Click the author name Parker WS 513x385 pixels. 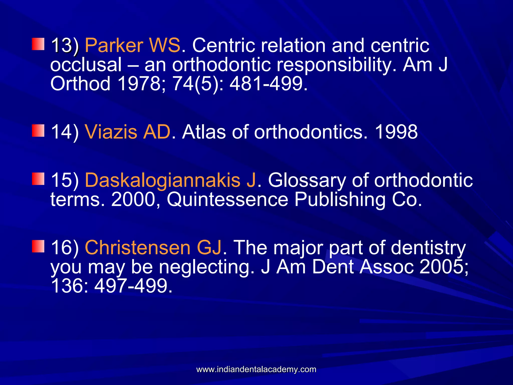coord(133,45)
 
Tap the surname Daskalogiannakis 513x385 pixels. coord(163,180)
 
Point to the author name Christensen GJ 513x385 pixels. coord(153,247)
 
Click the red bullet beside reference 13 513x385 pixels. coord(38,44)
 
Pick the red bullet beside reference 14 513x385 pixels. coord(38,130)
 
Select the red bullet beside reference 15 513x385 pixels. coord(38,179)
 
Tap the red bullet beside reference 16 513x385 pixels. coord(38,246)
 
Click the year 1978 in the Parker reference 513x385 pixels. coord(139,83)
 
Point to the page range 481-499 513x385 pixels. coord(268,83)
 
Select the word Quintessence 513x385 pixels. coord(227,200)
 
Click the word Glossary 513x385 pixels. coord(307,180)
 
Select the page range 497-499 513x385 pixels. coord(133,286)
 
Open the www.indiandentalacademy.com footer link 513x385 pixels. coord(256,369)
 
